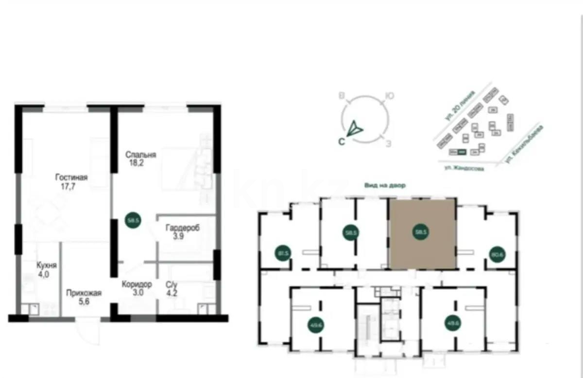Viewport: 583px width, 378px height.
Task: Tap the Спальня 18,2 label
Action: coord(140,155)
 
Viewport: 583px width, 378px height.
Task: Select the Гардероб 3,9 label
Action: coord(182,228)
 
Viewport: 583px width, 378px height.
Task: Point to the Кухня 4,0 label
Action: coord(47,266)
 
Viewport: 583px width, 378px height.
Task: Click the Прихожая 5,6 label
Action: coord(84,293)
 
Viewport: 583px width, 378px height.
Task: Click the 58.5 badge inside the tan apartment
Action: coord(422,233)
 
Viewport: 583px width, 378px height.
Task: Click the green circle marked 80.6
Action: coord(496,253)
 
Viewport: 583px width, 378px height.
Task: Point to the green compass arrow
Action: coord(355,128)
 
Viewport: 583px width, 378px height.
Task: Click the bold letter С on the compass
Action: coord(342,142)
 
